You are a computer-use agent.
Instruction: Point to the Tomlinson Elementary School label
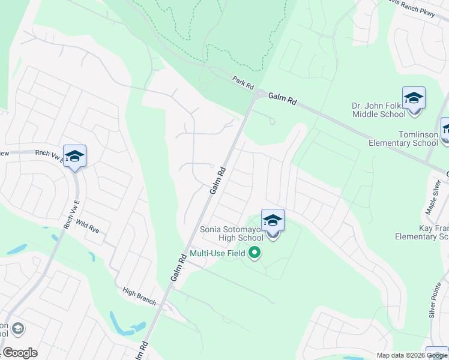pos(403,139)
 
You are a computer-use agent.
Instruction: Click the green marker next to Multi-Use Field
pos(255,253)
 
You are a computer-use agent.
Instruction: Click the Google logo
pos(20,353)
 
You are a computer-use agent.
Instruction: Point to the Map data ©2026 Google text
pos(412,355)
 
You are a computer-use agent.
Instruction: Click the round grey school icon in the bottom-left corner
pos(17,328)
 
